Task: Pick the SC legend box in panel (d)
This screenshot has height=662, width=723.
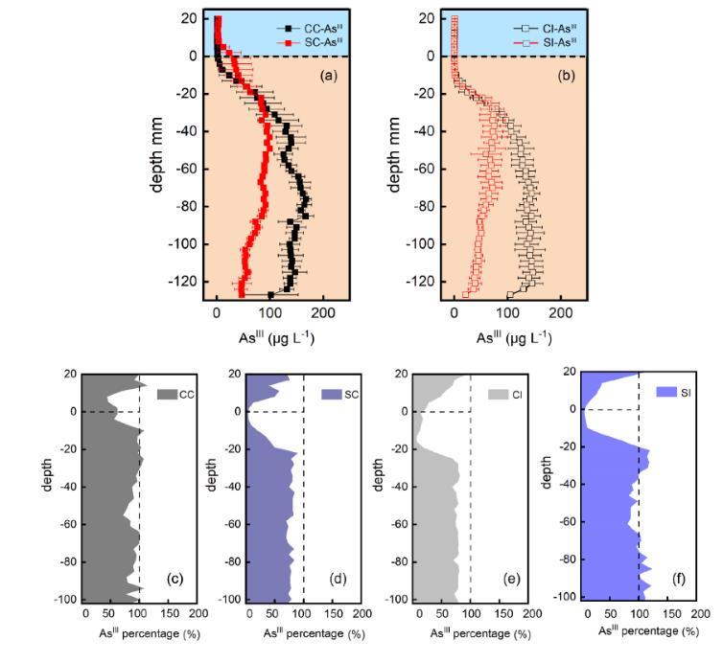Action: [x=332, y=394]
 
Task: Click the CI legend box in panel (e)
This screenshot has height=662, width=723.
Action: [x=497, y=394]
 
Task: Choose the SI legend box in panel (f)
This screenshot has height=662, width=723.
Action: [x=665, y=392]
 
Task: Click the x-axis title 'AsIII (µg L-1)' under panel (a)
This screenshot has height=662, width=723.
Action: [x=276, y=337]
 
